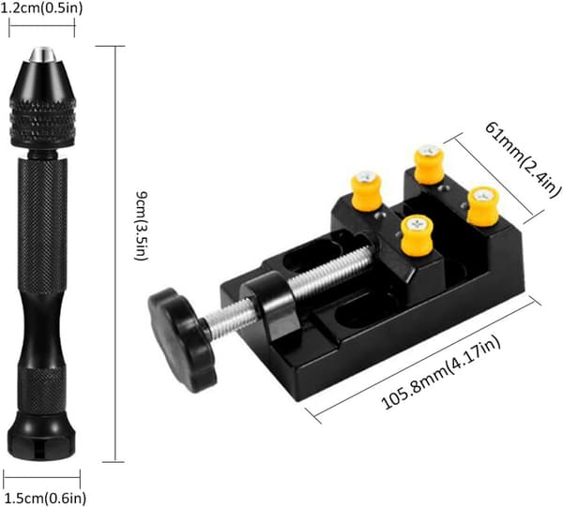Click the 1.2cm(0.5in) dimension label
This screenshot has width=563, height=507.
[41, 8]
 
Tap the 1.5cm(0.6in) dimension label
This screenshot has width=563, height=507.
[44, 498]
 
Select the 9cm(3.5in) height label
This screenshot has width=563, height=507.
[141, 226]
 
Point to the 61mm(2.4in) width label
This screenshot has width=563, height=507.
[523, 159]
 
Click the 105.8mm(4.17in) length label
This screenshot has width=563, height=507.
[441, 372]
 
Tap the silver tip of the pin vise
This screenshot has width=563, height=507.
[42, 53]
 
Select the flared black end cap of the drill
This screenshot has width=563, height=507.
[41, 436]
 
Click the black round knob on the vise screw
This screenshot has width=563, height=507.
[182, 339]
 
